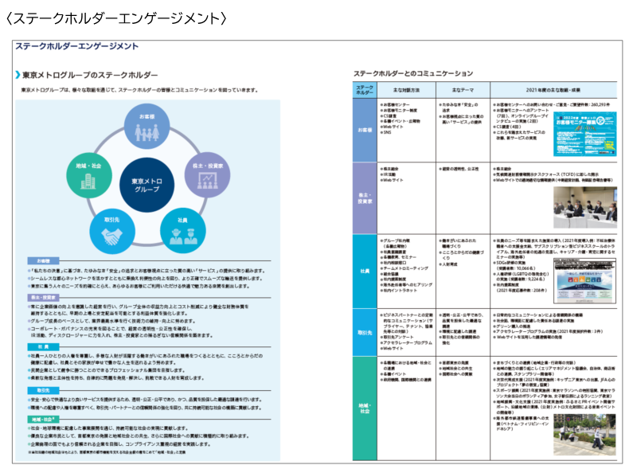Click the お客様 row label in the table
[x=365, y=129]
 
